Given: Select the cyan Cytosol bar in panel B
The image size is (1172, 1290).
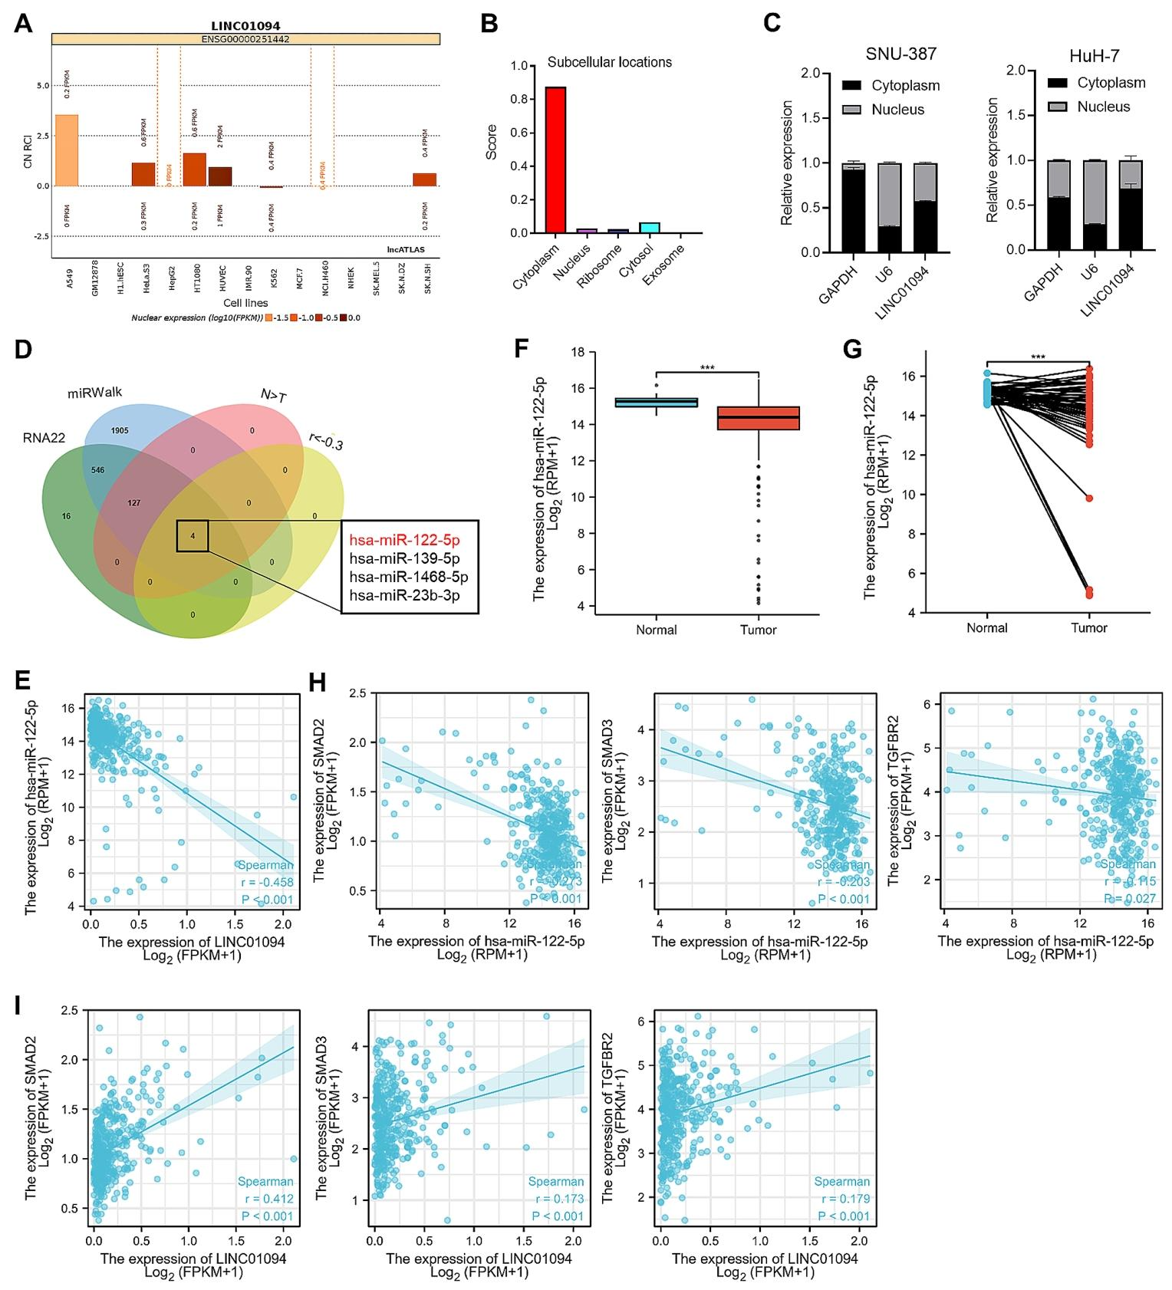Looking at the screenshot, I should coord(650,227).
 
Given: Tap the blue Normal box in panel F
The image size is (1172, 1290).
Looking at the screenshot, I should coord(657,402).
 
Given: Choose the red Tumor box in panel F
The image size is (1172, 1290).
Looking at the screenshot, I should coord(758,418).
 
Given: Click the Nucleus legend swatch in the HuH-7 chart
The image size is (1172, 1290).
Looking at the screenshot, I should coord(1058,107).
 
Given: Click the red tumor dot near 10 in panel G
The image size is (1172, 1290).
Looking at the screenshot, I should coord(1088,499).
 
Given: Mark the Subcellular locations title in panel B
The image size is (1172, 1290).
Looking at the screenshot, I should coord(609,62).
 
